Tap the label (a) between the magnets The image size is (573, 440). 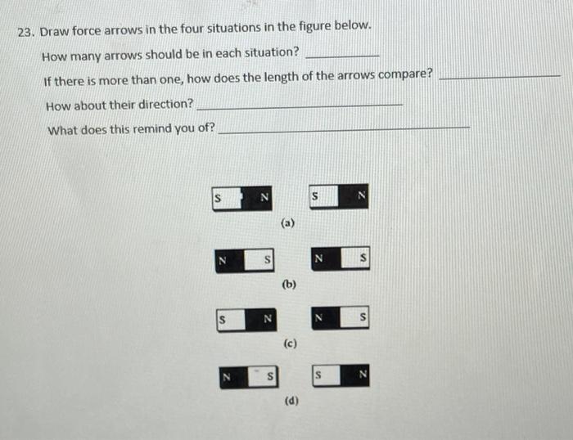pyautogui.click(x=287, y=222)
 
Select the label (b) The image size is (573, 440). pyautogui.click(x=288, y=285)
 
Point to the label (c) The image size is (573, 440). pyautogui.click(x=289, y=343)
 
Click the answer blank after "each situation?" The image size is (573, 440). pyautogui.click(x=341, y=54)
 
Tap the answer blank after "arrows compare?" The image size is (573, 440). pyautogui.click(x=499, y=76)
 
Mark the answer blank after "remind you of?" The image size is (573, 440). pyautogui.click(x=345, y=128)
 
